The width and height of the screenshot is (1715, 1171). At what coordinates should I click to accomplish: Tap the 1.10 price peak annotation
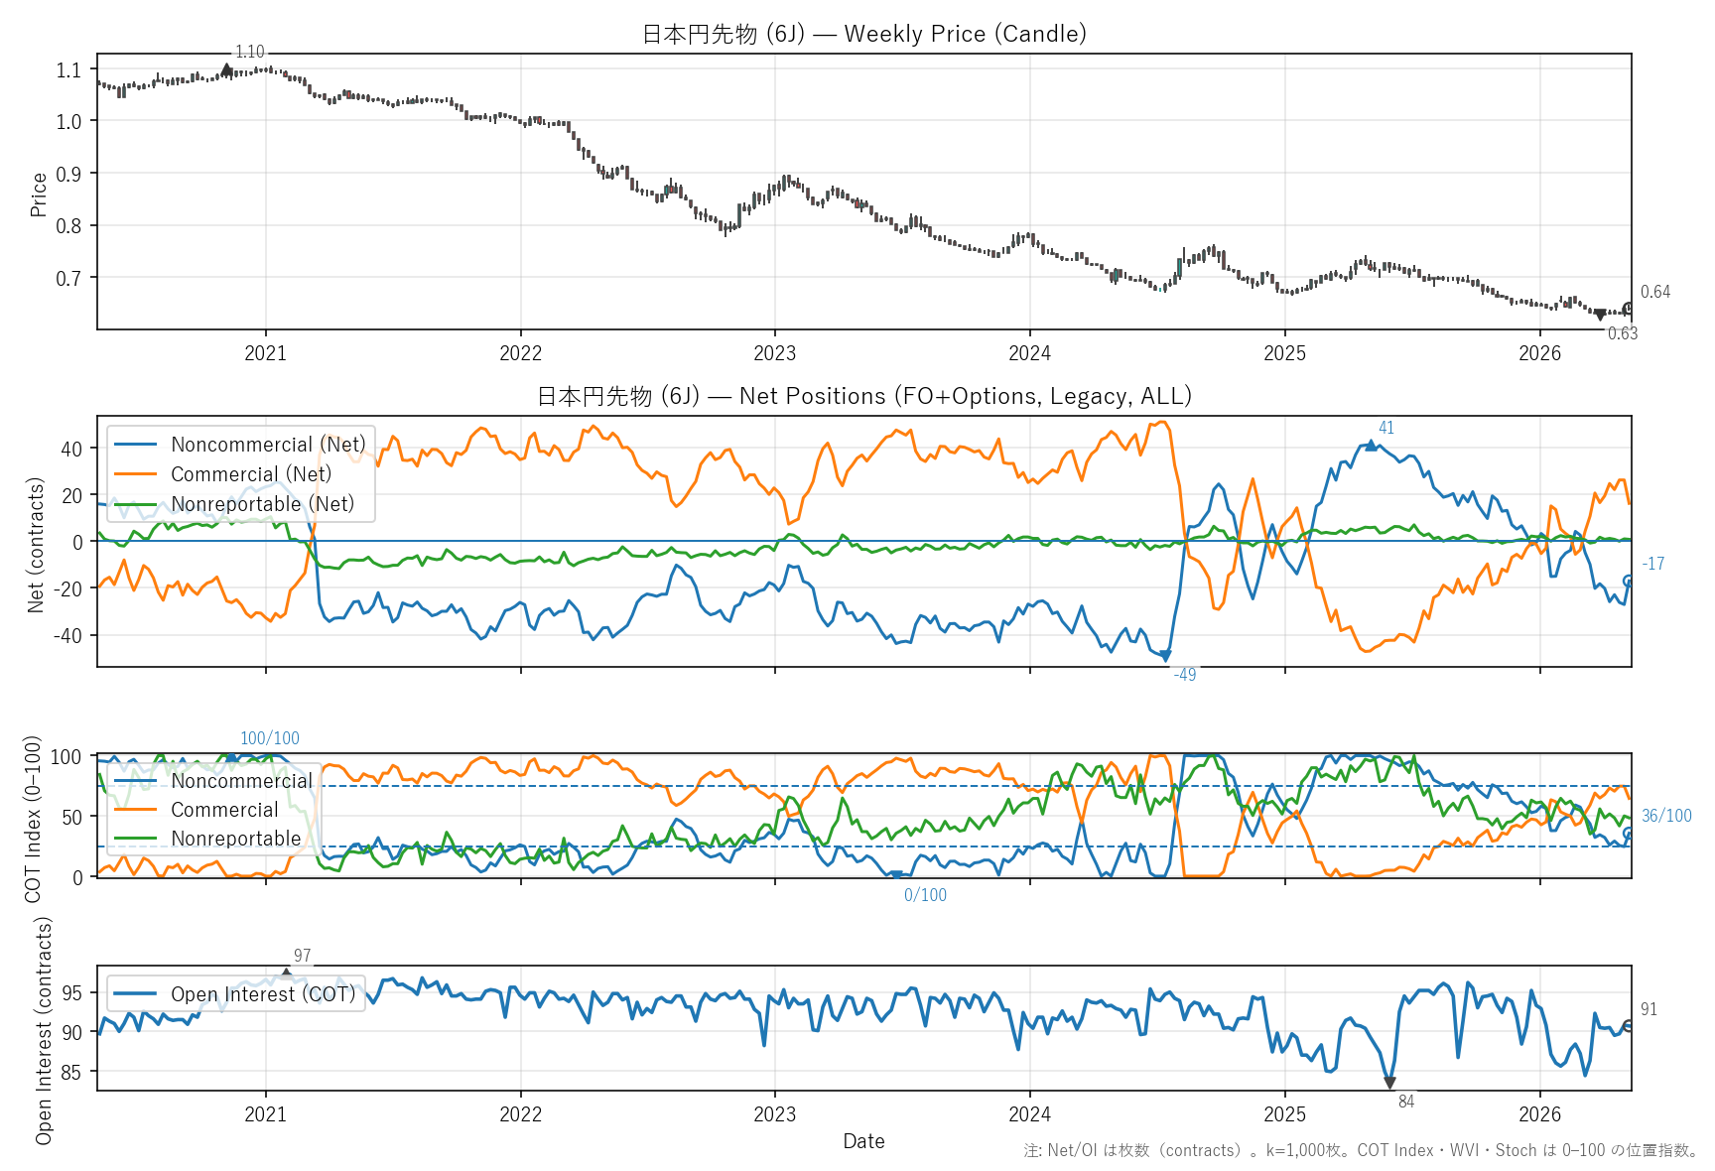point(250,52)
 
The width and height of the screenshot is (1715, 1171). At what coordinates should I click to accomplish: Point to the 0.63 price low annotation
point(1623,333)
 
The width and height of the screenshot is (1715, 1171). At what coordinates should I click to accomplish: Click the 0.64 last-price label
point(1655,292)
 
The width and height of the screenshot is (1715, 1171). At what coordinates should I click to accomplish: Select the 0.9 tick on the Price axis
point(68,174)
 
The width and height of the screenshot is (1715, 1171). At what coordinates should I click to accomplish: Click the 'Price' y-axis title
point(39,195)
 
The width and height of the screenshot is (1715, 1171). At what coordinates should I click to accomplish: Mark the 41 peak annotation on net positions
point(1386,428)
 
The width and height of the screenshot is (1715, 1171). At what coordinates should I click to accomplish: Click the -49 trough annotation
point(1185,675)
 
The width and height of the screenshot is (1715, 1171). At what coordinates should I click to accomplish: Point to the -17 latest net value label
point(1653,564)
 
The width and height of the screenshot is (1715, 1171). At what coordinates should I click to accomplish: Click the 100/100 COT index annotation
point(270,738)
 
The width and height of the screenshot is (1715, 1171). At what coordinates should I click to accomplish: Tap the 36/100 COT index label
point(1666,816)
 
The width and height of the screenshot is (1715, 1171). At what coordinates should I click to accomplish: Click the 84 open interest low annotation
point(1406,1102)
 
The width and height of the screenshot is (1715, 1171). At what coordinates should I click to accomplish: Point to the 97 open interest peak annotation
point(303,956)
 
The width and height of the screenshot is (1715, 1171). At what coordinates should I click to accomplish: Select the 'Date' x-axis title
point(864,1141)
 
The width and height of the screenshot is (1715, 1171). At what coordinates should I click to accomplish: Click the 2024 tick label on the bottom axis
point(1030,1113)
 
